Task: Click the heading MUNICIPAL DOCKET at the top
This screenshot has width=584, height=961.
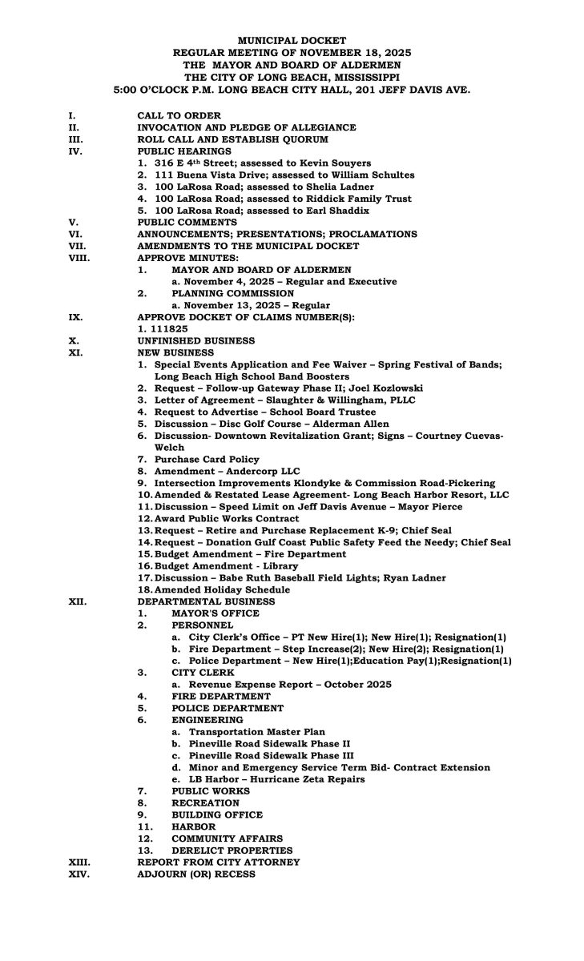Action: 292,39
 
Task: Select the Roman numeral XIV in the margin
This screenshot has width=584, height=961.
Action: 79,874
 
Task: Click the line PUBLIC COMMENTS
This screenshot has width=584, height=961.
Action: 187,222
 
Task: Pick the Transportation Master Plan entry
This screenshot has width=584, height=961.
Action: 254,732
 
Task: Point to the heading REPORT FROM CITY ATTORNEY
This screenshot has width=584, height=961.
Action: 219,862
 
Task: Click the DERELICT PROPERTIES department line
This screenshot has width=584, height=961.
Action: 232,850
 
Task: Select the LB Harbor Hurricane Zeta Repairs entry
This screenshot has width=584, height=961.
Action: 276,779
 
